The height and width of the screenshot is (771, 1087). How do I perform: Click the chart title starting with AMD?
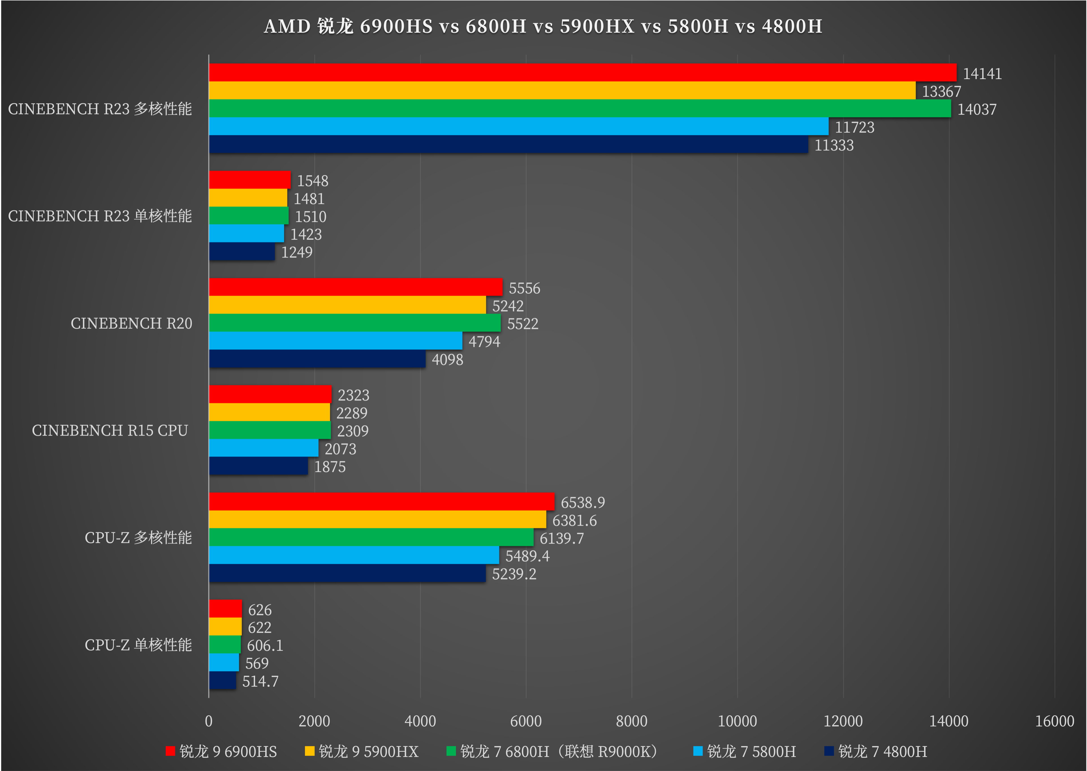tap(543, 27)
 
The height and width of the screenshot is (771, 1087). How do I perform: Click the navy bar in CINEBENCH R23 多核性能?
tap(508, 144)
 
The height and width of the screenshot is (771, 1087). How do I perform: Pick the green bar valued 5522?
tap(355, 323)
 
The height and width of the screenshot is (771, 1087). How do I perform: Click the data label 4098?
tap(447, 360)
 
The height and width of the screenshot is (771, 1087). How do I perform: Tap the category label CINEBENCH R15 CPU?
tap(110, 430)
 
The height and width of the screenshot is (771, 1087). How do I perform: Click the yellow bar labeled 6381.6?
tap(377, 519)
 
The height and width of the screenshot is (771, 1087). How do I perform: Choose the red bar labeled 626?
tap(225, 609)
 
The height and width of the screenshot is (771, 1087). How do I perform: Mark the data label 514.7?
tap(260, 682)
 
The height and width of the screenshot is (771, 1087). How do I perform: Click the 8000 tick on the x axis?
tap(631, 721)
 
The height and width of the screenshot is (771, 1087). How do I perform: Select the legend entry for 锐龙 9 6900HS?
tap(221, 751)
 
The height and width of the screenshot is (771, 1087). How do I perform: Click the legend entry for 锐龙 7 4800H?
tap(876, 751)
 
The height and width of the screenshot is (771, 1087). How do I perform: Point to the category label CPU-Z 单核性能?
tap(138, 645)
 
